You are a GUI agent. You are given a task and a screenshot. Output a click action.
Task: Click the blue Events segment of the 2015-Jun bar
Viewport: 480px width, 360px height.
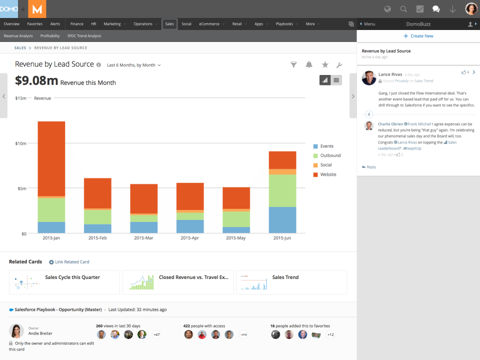(x=282, y=220)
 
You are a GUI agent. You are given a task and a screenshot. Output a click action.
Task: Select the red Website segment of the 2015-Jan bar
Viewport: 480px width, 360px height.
(x=51, y=158)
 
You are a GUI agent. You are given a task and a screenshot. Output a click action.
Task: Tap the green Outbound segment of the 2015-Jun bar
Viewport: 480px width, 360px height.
(x=282, y=190)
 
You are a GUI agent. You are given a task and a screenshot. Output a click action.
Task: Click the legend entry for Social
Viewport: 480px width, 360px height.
(x=325, y=165)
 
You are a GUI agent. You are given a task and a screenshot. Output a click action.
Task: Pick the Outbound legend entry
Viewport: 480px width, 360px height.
(x=330, y=155)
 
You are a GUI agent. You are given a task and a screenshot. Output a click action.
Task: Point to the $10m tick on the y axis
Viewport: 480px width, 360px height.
(x=21, y=143)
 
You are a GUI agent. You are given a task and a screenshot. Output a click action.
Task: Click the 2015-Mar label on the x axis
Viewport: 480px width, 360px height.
(x=144, y=238)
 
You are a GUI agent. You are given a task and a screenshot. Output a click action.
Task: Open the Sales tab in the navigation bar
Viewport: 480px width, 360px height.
(x=169, y=24)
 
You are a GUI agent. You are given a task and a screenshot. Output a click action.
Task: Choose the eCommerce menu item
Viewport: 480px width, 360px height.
(x=209, y=24)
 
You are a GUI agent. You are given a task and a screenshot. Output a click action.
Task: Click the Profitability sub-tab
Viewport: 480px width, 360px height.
(x=50, y=36)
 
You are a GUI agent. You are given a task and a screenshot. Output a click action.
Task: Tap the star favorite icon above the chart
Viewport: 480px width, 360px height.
(x=325, y=64)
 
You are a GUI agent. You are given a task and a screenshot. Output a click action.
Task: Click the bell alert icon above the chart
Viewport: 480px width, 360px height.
(x=309, y=64)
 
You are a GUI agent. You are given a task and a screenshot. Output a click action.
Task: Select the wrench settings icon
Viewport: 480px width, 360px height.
(x=339, y=64)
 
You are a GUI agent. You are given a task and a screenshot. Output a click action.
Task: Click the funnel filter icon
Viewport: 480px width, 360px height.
(x=294, y=64)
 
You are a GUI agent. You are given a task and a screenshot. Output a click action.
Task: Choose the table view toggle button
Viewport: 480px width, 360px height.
(x=336, y=80)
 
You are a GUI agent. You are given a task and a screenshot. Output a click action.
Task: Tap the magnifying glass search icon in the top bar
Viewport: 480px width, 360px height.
(x=403, y=9)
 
